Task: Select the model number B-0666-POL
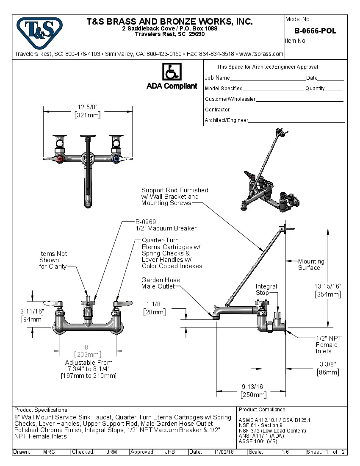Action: coord(315,31)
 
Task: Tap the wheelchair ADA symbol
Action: coord(172,72)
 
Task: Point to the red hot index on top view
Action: coord(61,160)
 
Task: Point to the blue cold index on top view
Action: coord(116,160)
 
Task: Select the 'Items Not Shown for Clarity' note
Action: coord(53,260)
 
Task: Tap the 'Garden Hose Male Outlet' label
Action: coord(161,283)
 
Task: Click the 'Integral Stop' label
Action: coord(266,290)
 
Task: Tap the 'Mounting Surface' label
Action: coord(310,264)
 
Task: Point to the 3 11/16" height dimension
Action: coord(32,315)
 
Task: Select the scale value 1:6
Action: coord(285,452)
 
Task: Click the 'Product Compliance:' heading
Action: coord(263,410)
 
